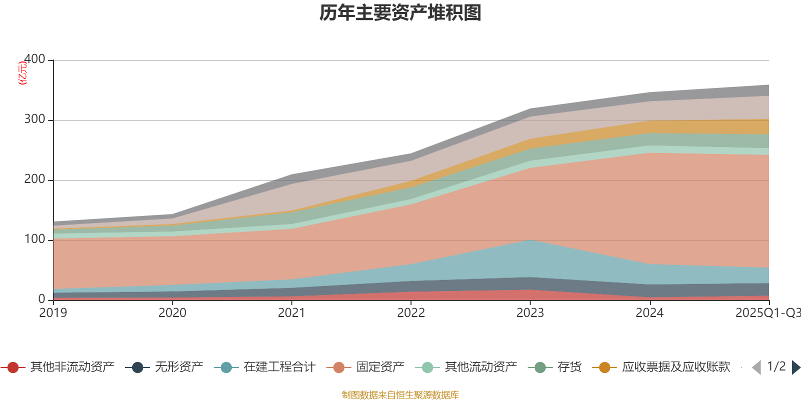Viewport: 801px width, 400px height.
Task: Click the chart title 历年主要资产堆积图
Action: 400,13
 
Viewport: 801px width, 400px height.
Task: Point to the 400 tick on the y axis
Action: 35,59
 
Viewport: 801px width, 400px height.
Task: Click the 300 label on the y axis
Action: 35,119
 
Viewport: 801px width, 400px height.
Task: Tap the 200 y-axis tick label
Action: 35,179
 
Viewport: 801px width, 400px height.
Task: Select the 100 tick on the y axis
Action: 35,239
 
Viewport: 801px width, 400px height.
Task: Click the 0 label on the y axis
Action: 42,299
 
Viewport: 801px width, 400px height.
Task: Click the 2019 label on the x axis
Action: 53,313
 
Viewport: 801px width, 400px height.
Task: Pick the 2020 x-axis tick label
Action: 172,313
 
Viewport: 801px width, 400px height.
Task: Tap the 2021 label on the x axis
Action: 291,313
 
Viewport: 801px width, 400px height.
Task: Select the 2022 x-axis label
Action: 411,313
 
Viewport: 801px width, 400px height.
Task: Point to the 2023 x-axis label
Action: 530,313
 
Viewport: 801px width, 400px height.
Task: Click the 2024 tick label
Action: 649,313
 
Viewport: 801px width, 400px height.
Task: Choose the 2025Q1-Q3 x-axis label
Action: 767,313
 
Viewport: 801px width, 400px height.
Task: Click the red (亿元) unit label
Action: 23,73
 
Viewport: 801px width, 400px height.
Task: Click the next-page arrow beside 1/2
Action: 795,367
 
